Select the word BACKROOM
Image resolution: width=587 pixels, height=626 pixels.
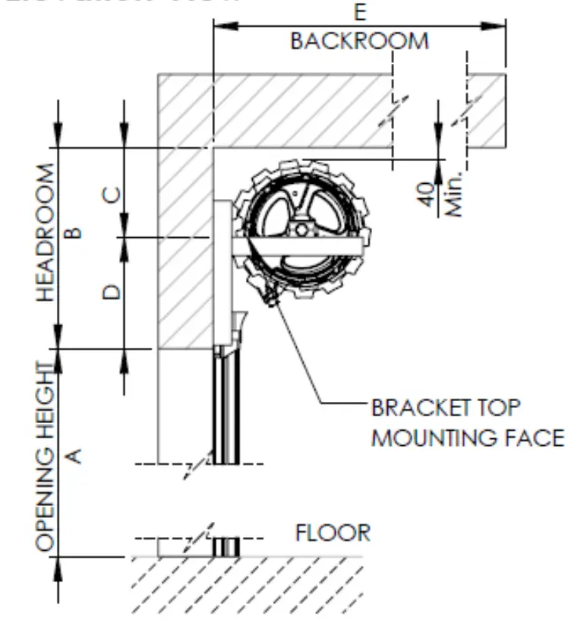[359, 41]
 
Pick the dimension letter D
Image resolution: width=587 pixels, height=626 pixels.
[111, 291]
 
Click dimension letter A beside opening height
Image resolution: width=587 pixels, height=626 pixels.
[74, 455]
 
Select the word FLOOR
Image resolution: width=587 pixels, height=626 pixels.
[333, 533]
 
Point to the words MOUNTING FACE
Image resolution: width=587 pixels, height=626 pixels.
[467, 438]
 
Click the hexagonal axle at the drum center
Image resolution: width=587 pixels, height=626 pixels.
[302, 229]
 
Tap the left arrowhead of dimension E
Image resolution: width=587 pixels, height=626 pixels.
[222, 27]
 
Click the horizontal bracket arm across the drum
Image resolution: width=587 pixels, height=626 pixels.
[296, 247]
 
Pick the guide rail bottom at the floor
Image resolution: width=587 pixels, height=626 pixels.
[226, 547]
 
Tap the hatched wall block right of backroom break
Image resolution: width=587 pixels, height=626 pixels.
[486, 110]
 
